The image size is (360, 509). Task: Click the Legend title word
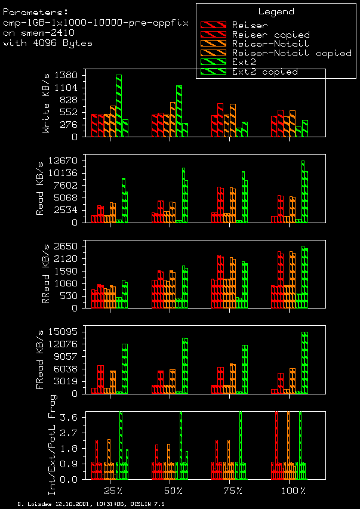click(x=276, y=11)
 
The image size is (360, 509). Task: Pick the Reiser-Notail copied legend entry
click(x=291, y=53)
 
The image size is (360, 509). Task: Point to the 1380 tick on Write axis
click(x=66, y=75)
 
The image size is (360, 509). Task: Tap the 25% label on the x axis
click(x=113, y=491)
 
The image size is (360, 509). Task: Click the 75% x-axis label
click(x=233, y=491)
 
